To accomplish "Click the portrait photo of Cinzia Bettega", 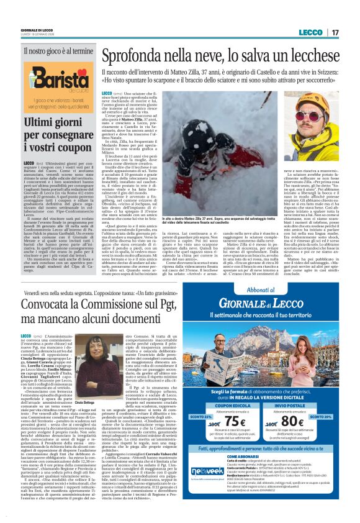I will pos(94,357).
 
